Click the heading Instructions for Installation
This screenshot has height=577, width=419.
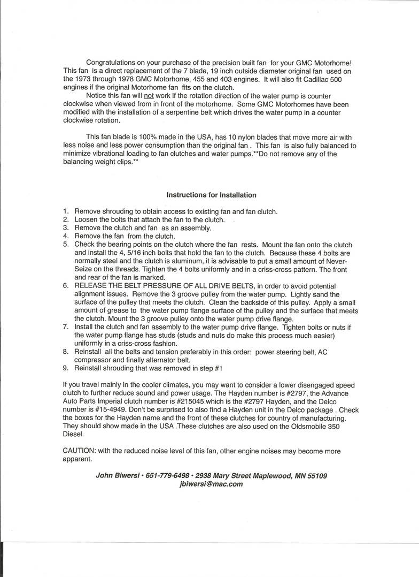click(x=211, y=195)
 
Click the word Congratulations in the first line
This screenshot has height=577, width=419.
click(x=113, y=63)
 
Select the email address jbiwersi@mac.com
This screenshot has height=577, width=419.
click(x=211, y=484)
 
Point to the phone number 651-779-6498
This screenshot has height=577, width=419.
click(x=165, y=475)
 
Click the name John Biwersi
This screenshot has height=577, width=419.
click(x=118, y=475)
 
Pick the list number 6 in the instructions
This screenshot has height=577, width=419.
click(x=66, y=286)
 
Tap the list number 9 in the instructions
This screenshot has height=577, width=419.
click(x=66, y=368)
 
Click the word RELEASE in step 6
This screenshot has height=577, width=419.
click(x=92, y=286)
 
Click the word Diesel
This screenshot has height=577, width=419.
click(x=74, y=435)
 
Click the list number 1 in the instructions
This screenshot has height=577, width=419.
click(x=66, y=211)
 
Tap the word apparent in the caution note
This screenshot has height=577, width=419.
click(x=77, y=459)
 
